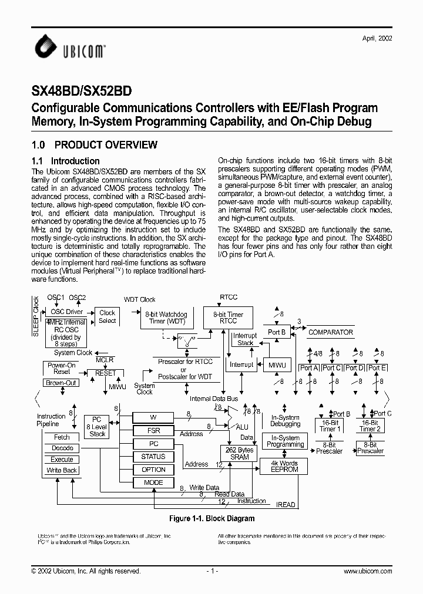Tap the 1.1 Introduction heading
[65, 161]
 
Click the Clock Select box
[108, 316]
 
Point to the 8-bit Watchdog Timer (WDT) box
[165, 318]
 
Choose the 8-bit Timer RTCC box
[228, 318]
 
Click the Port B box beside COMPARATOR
[276, 332]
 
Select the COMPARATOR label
[331, 332]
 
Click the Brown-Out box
[62, 383]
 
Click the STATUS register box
[153, 457]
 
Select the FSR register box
[153, 430]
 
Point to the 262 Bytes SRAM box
[240, 454]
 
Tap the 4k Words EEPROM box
[284, 467]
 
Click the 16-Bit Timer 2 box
[370, 426]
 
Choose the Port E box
[376, 368]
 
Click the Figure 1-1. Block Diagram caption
[211, 519]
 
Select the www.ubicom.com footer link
[367, 571]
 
